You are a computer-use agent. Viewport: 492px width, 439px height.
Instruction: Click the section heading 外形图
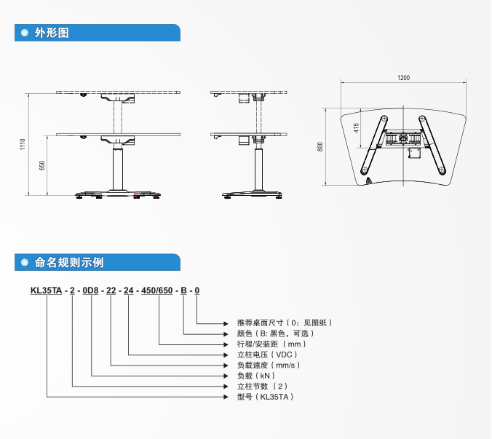(x=52, y=33)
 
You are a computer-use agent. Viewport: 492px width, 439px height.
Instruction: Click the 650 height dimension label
(x=42, y=165)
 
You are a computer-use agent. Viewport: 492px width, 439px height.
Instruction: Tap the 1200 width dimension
(x=404, y=78)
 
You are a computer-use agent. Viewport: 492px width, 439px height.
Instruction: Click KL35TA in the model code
(x=46, y=290)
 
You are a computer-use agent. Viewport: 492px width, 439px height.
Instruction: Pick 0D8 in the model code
(x=91, y=290)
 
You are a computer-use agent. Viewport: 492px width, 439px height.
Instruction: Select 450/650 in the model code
(x=157, y=290)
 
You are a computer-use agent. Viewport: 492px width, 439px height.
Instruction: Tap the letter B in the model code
(x=183, y=290)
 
